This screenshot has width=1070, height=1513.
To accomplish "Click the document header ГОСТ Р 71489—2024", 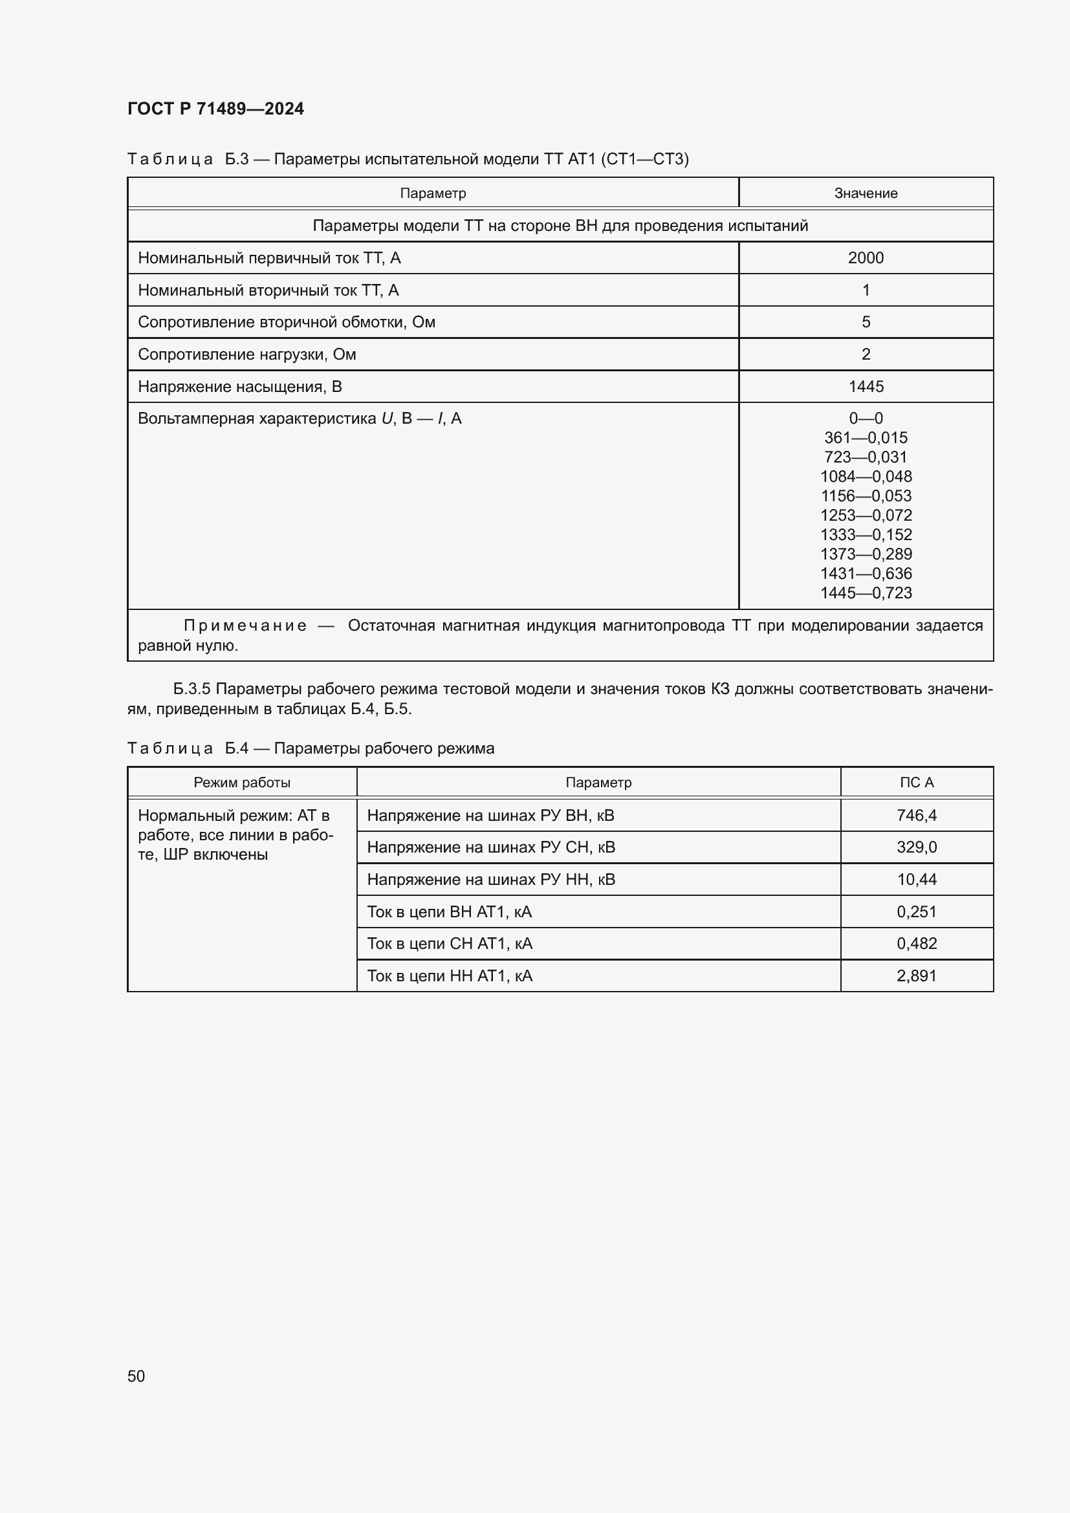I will [x=215, y=109].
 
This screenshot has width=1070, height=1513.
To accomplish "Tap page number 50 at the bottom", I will [x=136, y=1376].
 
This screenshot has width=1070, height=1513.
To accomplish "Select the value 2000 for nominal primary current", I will [x=865, y=257].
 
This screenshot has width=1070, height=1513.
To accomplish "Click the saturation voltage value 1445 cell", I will [x=865, y=386].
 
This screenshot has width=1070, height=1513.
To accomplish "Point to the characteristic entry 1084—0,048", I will [x=865, y=477].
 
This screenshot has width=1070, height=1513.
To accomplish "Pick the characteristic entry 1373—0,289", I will [x=865, y=554].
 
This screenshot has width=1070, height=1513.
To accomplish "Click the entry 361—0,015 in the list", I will [x=865, y=437].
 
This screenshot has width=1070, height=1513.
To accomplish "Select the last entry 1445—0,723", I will [x=865, y=593].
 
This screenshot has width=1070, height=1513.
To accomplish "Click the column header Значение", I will [x=865, y=193].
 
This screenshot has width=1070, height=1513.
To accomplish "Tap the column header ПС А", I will [x=916, y=782].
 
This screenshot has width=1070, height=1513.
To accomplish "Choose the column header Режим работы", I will [x=242, y=782].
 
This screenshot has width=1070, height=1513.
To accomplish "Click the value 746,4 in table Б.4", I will [x=916, y=815].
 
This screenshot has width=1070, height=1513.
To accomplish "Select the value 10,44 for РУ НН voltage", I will [x=916, y=879].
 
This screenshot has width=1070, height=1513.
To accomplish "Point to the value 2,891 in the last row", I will [x=916, y=975].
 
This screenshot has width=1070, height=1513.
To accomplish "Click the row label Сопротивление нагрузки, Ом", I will [x=246, y=354].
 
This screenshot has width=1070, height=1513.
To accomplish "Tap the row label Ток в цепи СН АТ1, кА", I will [x=450, y=944].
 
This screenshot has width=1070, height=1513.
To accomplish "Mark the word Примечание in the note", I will [x=245, y=626].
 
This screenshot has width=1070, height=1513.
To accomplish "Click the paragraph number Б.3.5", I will [x=191, y=689].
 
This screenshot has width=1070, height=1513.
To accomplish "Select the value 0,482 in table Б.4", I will [x=916, y=944].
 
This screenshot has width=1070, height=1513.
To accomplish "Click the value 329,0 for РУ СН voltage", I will [x=916, y=847].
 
